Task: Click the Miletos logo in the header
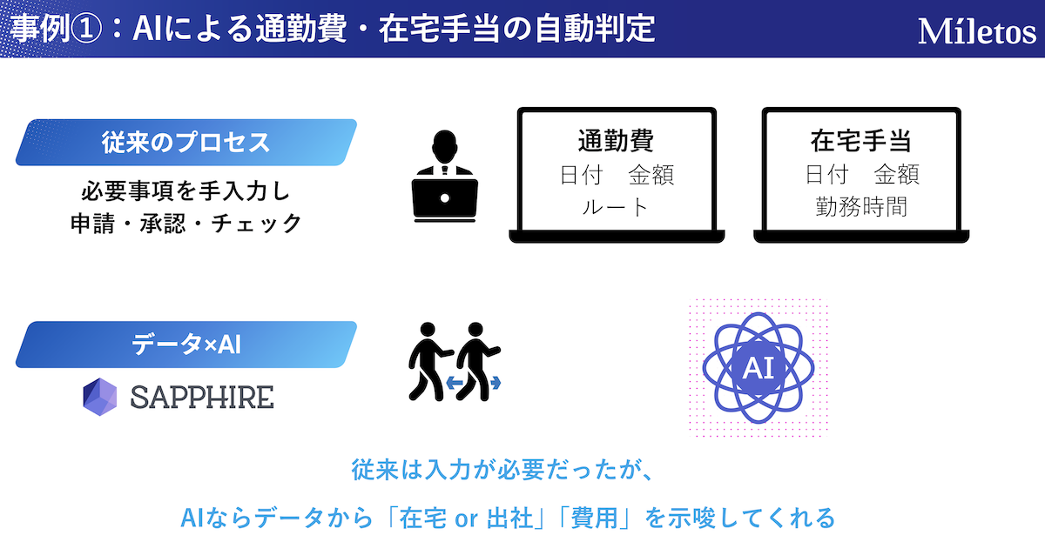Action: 977,31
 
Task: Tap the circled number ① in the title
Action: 86,29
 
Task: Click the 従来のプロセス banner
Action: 186,142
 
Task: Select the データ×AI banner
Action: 186,345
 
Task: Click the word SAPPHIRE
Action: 202,398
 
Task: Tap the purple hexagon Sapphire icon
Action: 99,397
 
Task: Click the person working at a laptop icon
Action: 445,176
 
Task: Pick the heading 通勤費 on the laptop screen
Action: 616,140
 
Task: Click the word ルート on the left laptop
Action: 616,207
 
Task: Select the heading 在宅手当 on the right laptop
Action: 860,140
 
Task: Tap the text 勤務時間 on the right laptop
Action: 861,207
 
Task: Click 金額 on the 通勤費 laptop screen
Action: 651,175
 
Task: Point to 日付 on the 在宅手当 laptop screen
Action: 826,175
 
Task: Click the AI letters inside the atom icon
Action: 758,368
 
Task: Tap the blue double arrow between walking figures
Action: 473,383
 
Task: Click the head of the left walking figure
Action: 427,329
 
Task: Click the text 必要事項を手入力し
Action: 186,191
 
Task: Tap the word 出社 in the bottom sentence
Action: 509,519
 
